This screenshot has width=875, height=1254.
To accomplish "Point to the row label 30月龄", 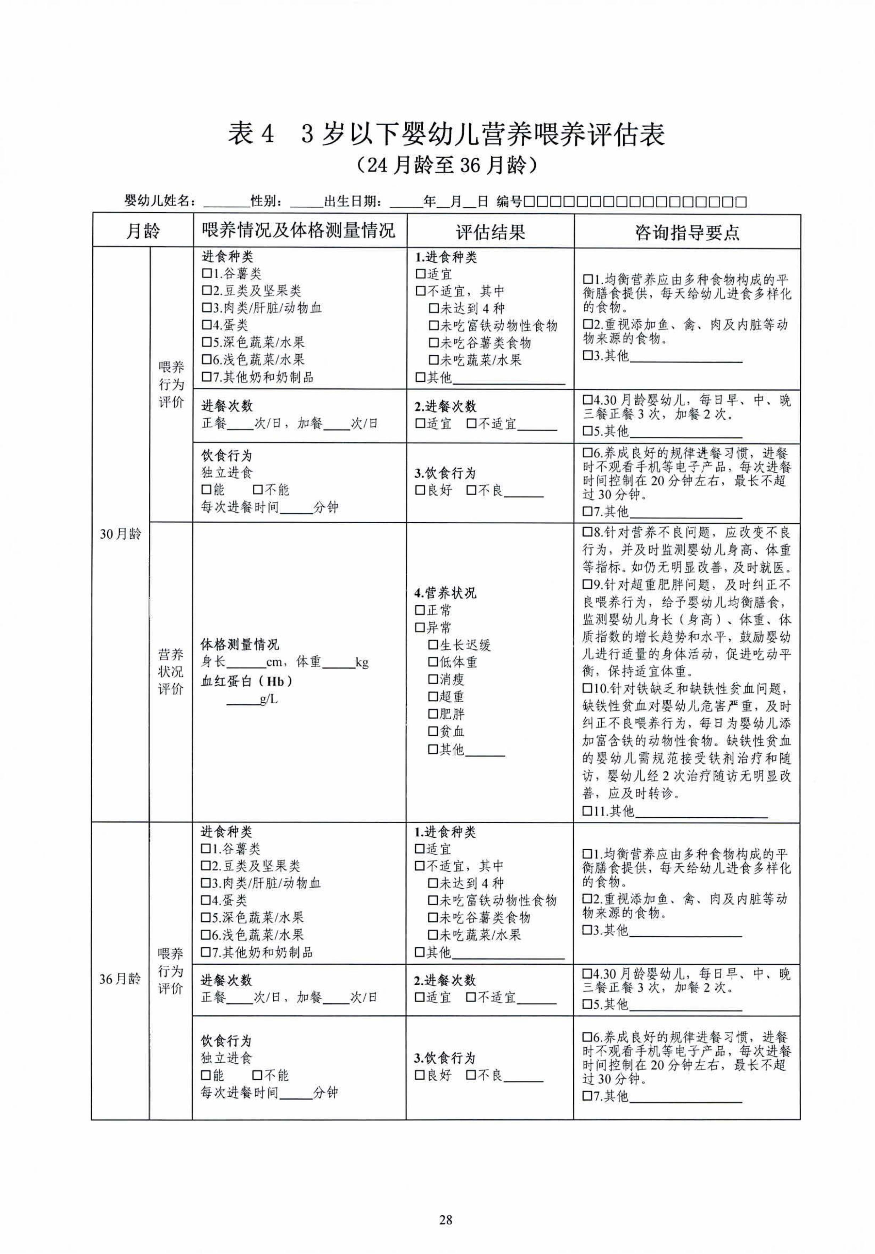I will point(120,534).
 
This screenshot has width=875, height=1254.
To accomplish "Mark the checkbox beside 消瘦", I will point(433,680).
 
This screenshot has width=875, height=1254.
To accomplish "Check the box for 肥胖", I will point(433,714).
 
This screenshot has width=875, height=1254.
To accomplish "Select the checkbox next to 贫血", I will point(433,732).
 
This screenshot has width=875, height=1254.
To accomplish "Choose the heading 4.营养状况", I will point(445,593).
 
